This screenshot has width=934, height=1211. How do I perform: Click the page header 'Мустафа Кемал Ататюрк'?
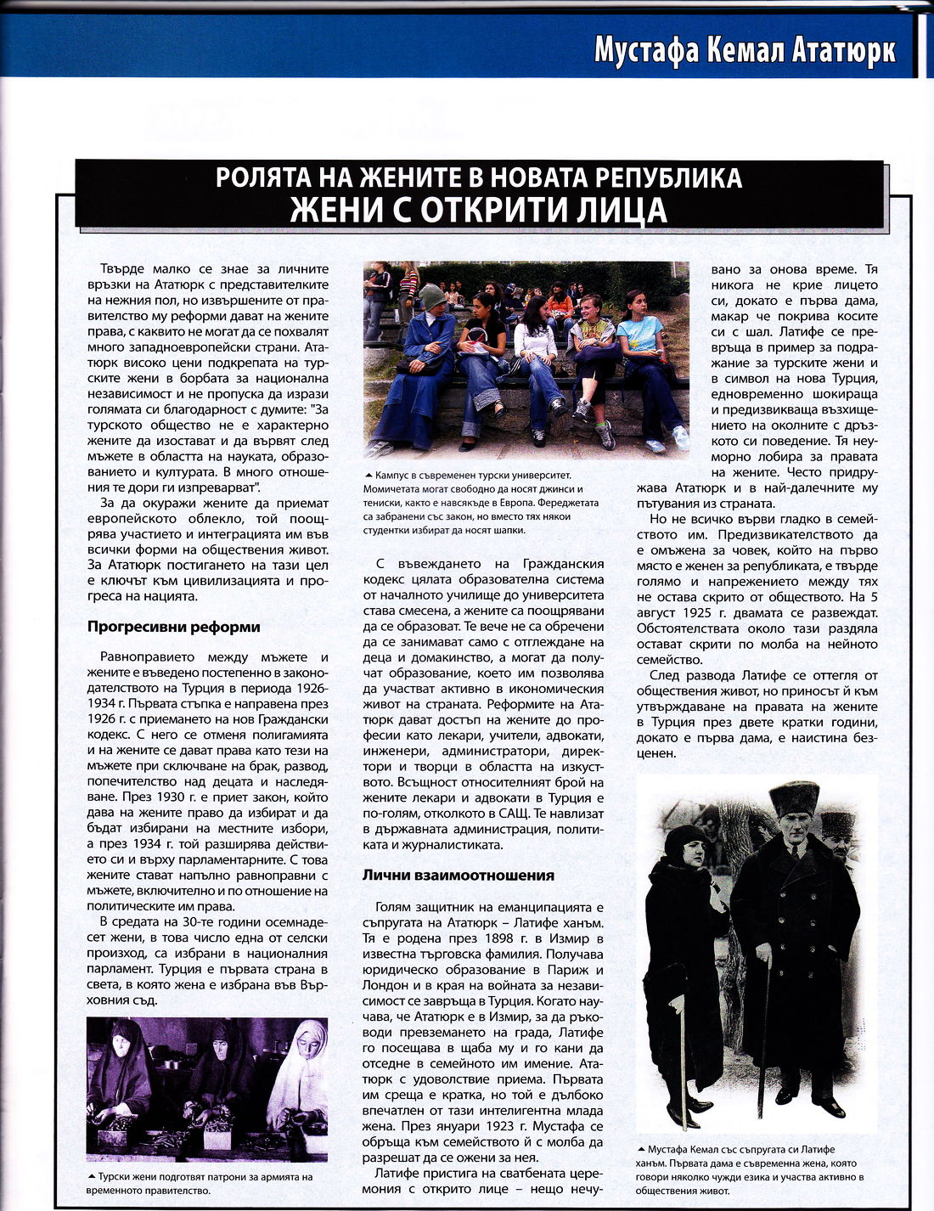(x=745, y=49)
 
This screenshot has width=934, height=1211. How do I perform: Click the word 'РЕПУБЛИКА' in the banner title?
(x=665, y=177)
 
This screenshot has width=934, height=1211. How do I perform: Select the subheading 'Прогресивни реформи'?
(x=173, y=628)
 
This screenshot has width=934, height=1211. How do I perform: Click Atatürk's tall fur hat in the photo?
(x=793, y=800)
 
